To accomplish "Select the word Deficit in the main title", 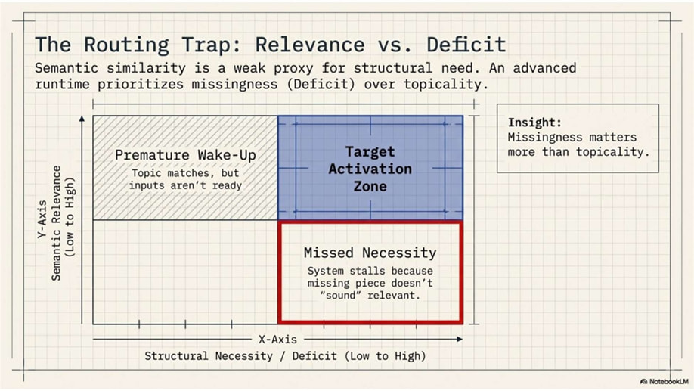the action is point(466,45).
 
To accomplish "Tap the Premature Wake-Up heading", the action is point(185,155).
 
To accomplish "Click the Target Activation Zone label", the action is point(370,169).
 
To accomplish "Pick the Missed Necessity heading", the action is point(370,253).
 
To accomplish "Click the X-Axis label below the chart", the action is point(277,339).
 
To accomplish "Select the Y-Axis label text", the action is point(42,219).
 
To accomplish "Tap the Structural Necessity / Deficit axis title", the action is point(285,356).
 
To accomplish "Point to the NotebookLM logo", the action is point(665,382).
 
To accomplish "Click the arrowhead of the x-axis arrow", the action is point(460,339).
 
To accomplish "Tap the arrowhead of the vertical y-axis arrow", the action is point(82,119).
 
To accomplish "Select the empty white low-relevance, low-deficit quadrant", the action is point(185,272).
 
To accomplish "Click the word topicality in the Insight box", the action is point(613,152).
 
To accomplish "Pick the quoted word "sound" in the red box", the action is point(340,296).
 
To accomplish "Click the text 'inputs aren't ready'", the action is point(185,185).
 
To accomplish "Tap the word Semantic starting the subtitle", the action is point(67,68).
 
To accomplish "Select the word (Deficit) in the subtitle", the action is point(321,84).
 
